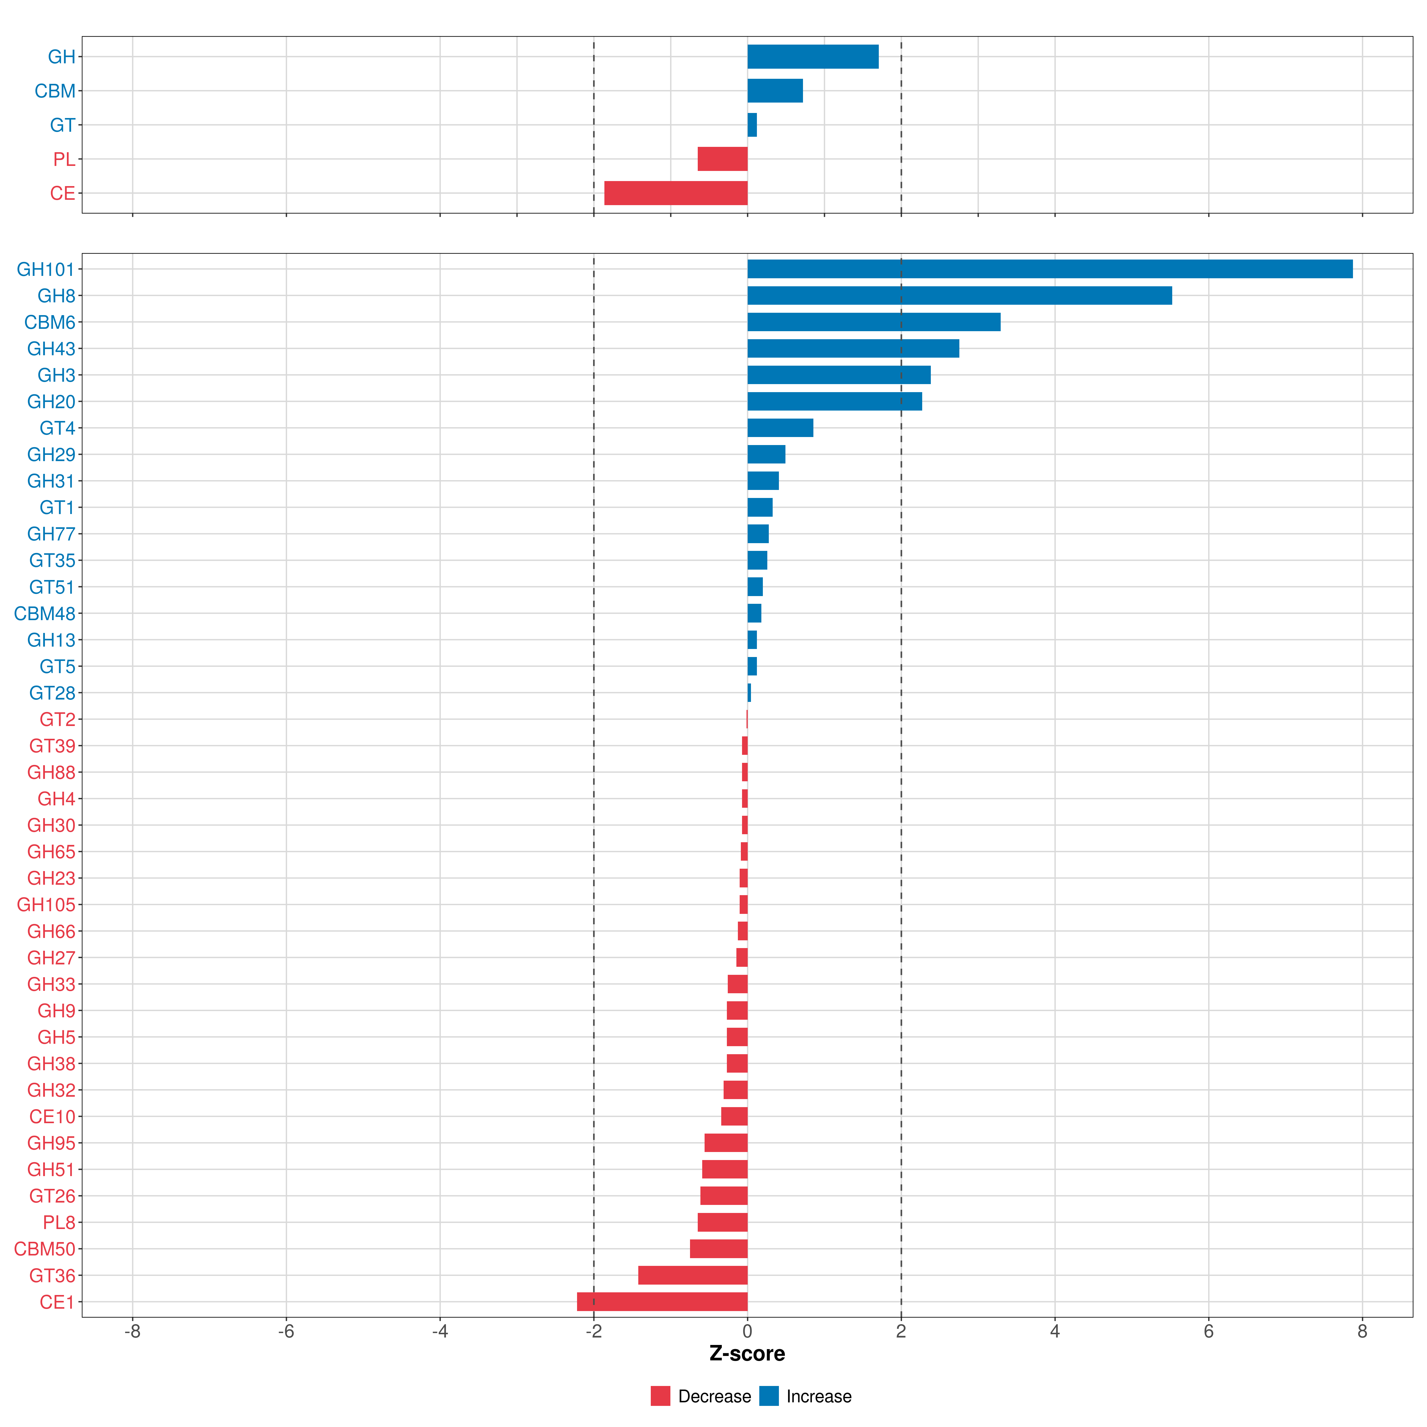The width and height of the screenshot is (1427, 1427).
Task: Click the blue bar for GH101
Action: click(x=1049, y=269)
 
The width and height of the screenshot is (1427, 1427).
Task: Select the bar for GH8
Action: click(x=959, y=296)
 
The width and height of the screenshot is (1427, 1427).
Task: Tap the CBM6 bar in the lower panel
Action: click(x=873, y=322)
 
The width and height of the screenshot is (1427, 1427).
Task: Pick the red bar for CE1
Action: click(x=662, y=1302)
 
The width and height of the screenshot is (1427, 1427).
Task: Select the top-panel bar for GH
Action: click(x=812, y=57)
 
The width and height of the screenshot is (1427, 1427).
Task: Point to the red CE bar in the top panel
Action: click(x=675, y=193)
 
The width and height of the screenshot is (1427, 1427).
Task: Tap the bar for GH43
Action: click(x=852, y=349)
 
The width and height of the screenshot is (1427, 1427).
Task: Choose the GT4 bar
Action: click(x=780, y=428)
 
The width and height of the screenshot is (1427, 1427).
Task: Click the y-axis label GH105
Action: click(x=46, y=905)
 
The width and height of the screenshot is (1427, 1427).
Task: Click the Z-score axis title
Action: click(x=747, y=1353)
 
